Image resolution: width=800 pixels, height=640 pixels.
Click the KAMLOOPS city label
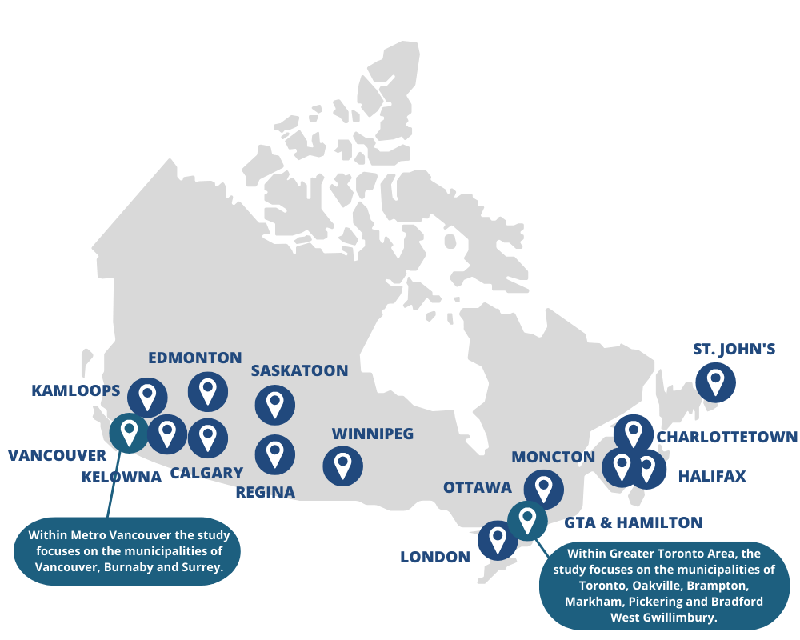point(76,390)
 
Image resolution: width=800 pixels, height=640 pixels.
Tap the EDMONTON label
point(195,358)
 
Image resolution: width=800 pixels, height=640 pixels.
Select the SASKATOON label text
point(299,370)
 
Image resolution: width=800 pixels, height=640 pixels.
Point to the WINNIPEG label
point(372,434)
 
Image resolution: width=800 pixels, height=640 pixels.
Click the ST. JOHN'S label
point(734,349)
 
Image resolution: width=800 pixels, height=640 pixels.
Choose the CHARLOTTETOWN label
point(726,437)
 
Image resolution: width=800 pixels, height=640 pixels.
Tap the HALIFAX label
point(711,476)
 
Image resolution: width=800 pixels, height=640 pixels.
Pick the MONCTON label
point(553,457)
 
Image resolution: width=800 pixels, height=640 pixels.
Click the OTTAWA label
point(477,487)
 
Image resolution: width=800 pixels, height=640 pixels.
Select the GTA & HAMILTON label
point(633,522)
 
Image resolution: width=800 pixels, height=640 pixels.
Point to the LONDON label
point(435,557)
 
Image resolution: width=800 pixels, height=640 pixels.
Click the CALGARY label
point(206,473)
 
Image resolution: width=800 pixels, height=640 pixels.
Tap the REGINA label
point(265,491)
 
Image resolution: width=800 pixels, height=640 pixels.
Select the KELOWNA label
point(122,477)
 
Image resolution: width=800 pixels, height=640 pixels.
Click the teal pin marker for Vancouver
point(129,432)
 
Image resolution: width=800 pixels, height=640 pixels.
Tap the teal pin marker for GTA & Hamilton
point(527,520)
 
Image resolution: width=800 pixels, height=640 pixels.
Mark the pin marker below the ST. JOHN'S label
point(715,382)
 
